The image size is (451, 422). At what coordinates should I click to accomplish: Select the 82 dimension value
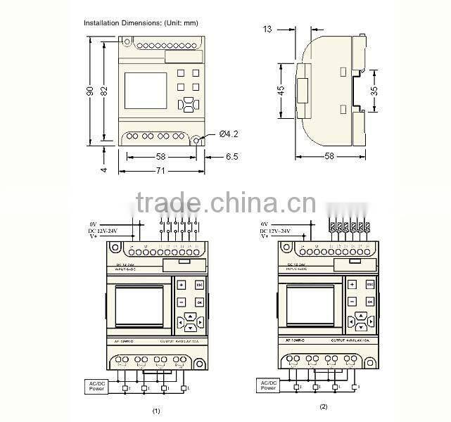pyautogui.click(x=105, y=91)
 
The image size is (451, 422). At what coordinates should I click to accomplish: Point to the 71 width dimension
pyautogui.click(x=161, y=171)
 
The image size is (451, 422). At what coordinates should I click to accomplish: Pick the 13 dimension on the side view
pyautogui.click(x=267, y=29)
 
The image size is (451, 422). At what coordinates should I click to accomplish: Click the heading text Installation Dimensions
pyautogui.click(x=140, y=23)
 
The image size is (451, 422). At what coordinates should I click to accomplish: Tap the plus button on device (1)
pyautogui.click(x=181, y=285)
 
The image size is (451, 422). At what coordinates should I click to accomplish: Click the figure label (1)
pyautogui.click(x=156, y=410)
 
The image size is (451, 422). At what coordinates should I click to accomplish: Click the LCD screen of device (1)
pyautogui.click(x=139, y=307)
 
